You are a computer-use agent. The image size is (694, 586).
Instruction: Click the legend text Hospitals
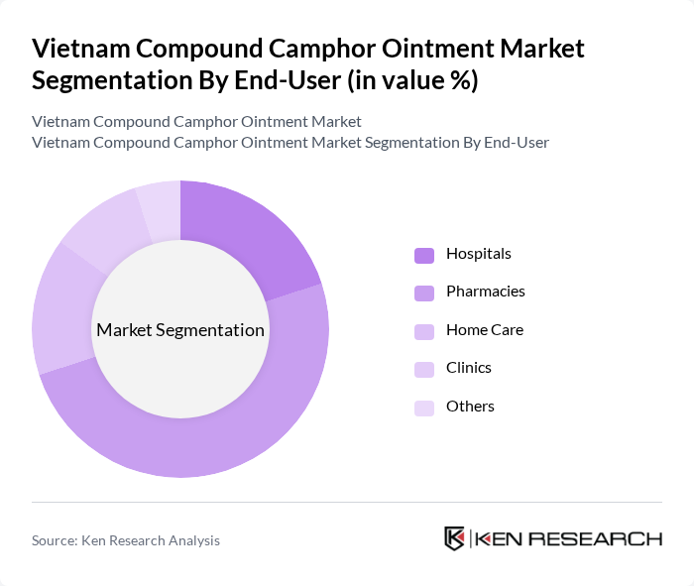[479, 254]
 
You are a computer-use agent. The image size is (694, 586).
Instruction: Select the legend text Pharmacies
[486, 292]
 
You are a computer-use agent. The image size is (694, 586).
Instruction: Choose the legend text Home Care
[485, 330]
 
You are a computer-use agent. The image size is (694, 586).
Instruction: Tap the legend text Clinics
[469, 368]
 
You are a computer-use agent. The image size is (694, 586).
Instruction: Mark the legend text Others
[470, 407]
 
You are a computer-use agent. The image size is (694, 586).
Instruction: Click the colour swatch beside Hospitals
[424, 255]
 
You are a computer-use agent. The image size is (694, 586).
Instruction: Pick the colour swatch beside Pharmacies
[424, 293]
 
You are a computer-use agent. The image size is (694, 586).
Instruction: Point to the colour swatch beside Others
[424, 408]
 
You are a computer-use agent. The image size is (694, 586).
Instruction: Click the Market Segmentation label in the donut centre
[180, 330]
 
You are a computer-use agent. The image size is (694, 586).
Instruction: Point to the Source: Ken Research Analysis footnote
[126, 540]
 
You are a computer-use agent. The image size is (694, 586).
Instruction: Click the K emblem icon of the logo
[455, 538]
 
